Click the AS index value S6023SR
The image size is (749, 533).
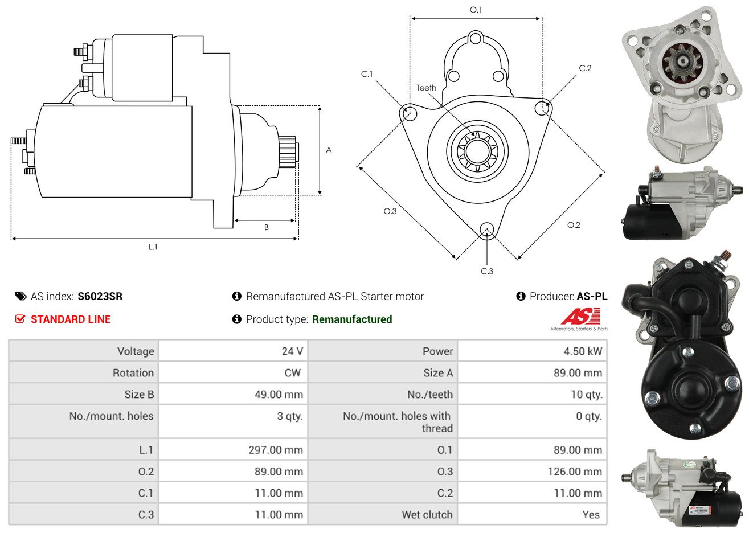pyautogui.click(x=100, y=296)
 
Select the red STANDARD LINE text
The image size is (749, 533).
pyautogui.click(x=71, y=319)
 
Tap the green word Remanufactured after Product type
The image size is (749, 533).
pyautogui.click(x=352, y=319)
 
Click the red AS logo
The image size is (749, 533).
pyautogui.click(x=581, y=316)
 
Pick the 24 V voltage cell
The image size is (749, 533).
pyautogui.click(x=292, y=351)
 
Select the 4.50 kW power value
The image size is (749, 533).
pyautogui.click(x=583, y=351)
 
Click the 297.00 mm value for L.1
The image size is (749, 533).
pyautogui.click(x=276, y=450)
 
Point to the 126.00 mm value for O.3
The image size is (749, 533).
pyautogui.click(x=575, y=471)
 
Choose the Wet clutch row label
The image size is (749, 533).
pyautogui.click(x=427, y=515)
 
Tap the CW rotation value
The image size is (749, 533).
pyautogui.click(x=293, y=373)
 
